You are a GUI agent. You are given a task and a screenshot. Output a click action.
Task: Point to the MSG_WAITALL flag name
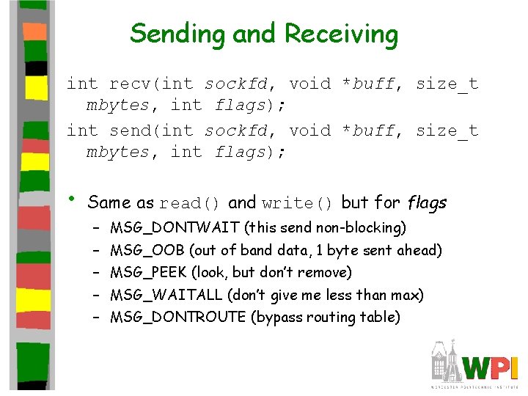coord(166,296)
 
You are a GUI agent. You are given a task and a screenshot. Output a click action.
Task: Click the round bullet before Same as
coord(72,199)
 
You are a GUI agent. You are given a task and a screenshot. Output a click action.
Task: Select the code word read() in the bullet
coord(189,203)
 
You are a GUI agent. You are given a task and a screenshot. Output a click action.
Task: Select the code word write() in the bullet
coord(297,203)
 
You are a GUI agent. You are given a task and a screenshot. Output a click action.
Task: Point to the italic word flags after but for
coord(427,202)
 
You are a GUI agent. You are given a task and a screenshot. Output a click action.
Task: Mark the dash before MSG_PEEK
coord(96,273)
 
